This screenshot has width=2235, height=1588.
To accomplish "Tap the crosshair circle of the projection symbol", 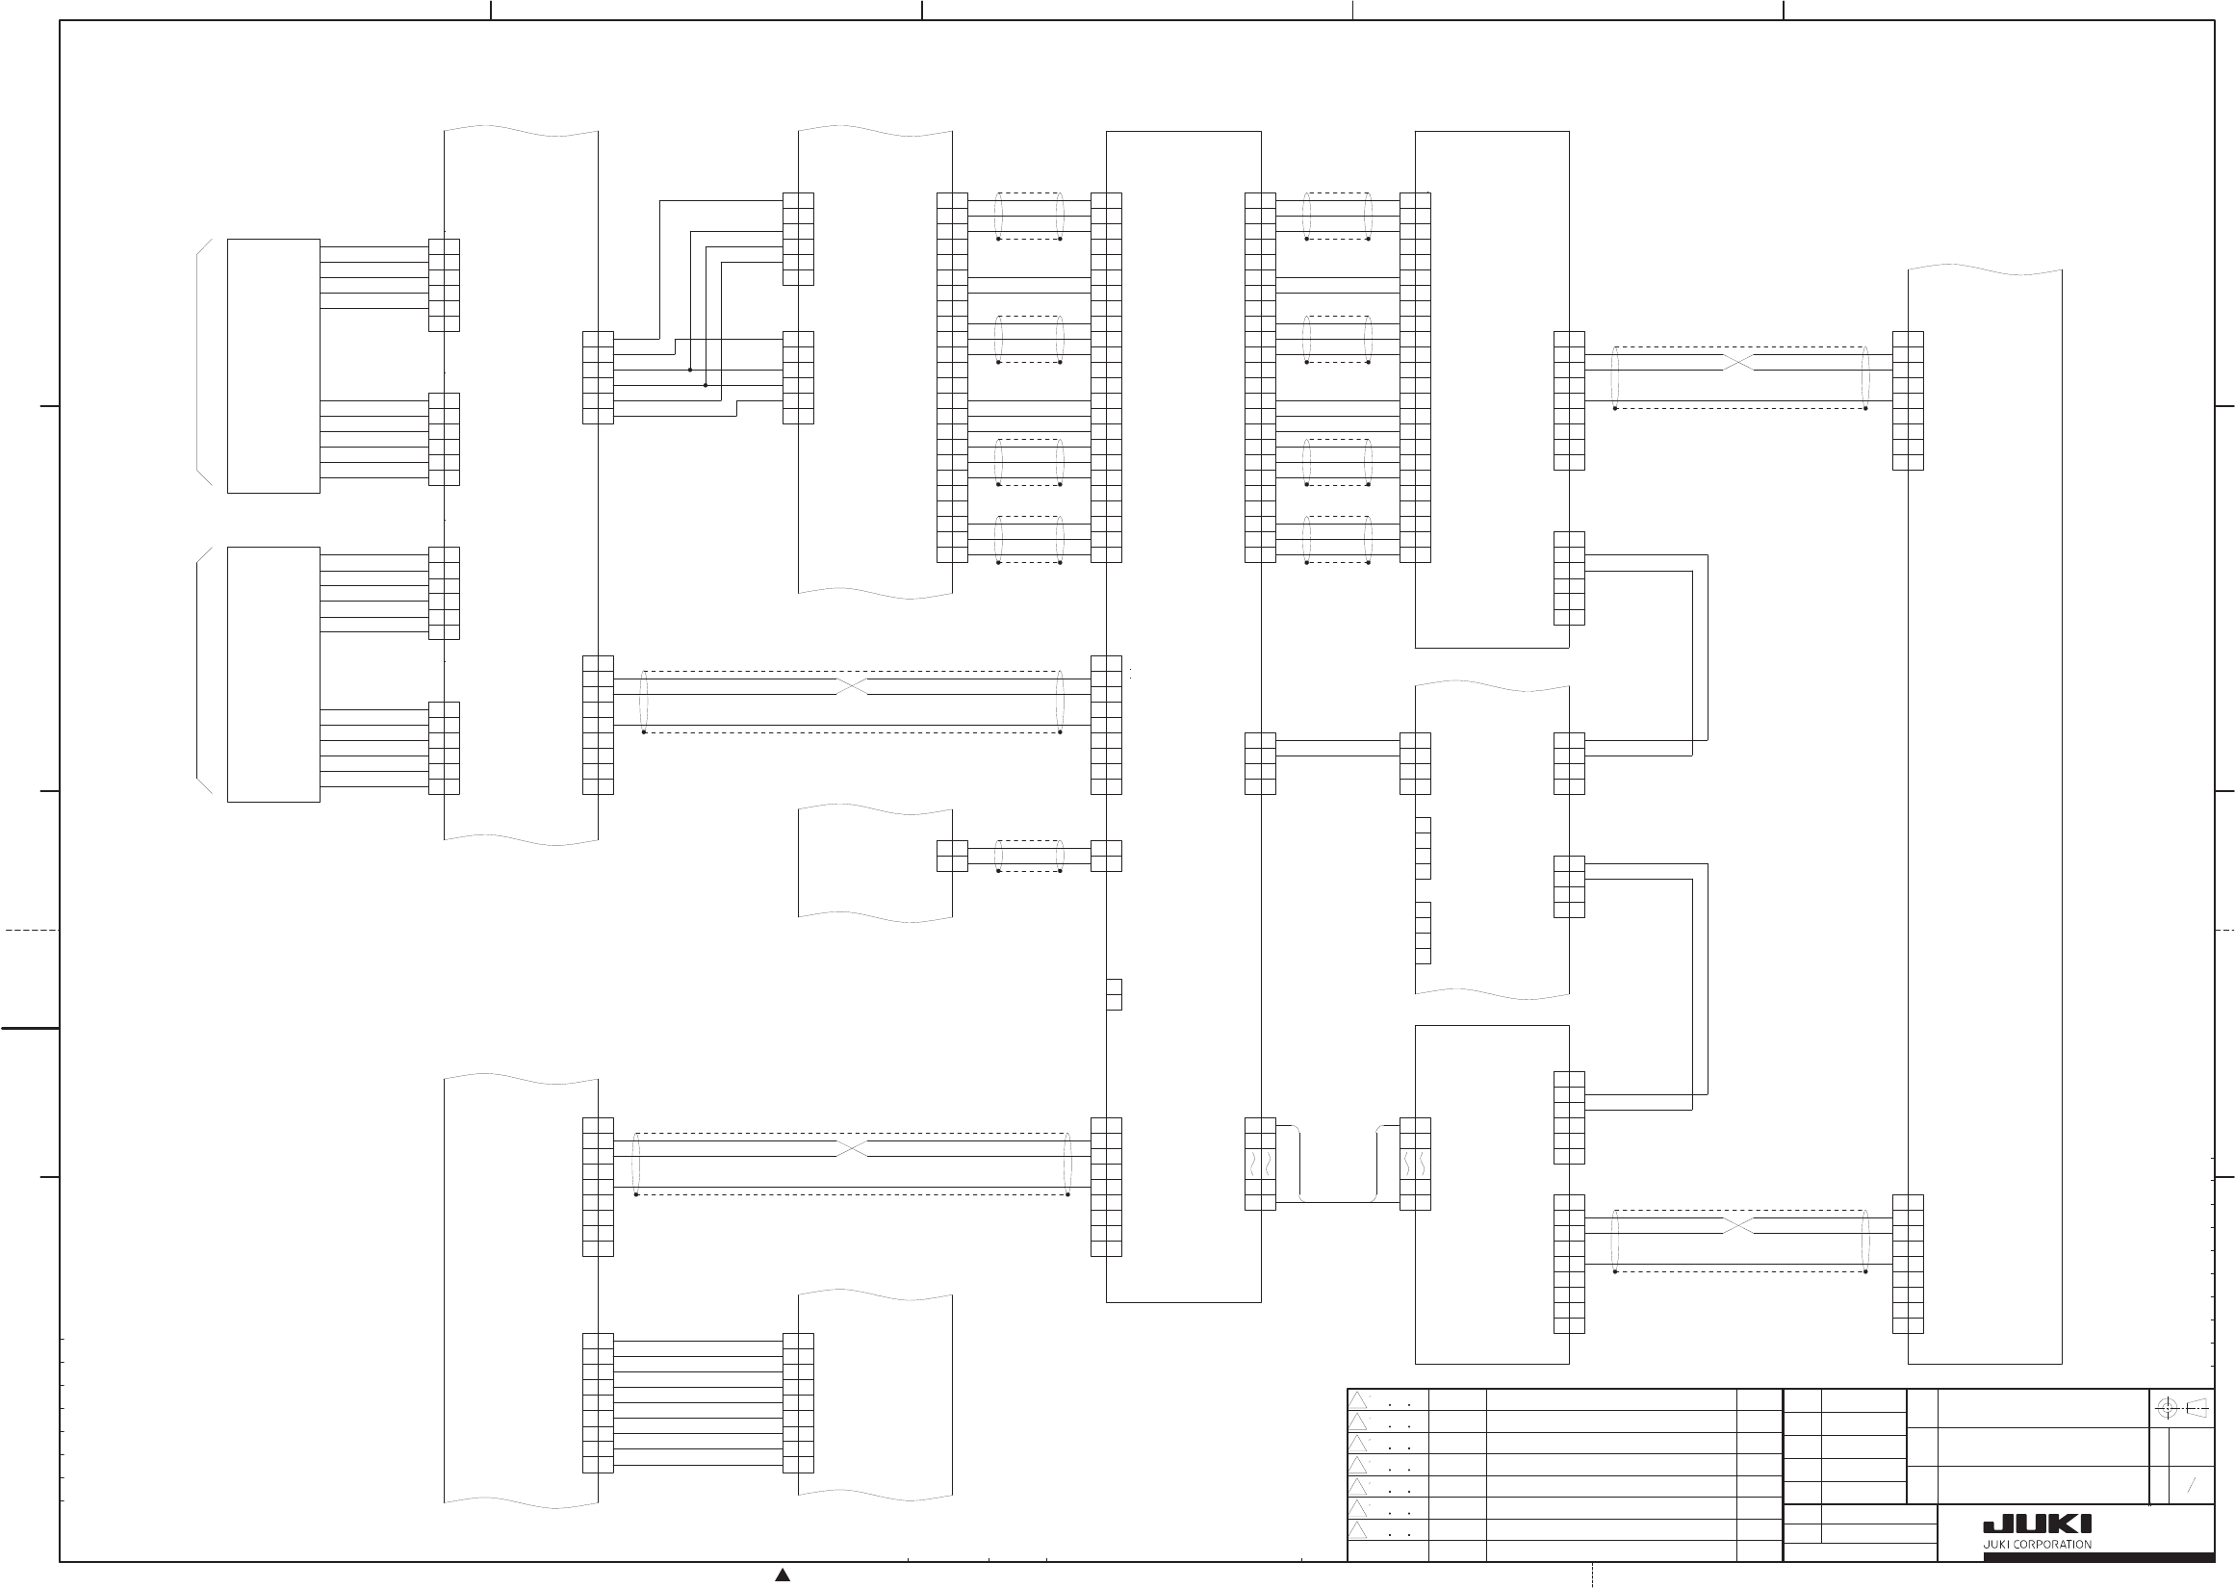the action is coord(2167,1409).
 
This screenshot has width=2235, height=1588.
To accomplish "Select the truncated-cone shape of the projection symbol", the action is coord(2196,1409).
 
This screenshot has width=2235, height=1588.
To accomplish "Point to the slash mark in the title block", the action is coord(2191,1484).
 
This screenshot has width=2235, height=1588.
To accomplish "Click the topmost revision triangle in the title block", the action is coord(1358,1399).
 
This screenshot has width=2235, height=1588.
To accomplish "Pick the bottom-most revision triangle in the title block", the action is coord(1358,1530).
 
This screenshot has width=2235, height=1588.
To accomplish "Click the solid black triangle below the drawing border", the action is coord(783,1575).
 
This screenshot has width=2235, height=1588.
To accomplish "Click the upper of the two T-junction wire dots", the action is coord(690,370).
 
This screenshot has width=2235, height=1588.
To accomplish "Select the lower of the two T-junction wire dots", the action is coord(705,385).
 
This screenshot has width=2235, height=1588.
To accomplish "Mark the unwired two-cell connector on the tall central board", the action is coord(1114,994).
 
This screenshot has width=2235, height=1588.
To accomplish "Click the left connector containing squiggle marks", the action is coord(1260,1164).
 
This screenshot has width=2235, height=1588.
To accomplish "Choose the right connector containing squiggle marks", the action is coord(1415,1164).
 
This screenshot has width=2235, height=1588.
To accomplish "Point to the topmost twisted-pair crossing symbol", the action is coord(1738,363).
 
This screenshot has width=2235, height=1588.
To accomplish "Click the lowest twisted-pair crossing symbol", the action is coord(1738,1226).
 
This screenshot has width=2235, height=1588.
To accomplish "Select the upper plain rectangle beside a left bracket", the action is coord(273,366).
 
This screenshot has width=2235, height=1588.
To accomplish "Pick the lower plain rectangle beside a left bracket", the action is coord(273,675).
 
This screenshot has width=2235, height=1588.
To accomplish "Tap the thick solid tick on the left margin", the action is coord(30,1029).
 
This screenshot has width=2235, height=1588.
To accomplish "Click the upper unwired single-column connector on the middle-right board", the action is coord(1423,848).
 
